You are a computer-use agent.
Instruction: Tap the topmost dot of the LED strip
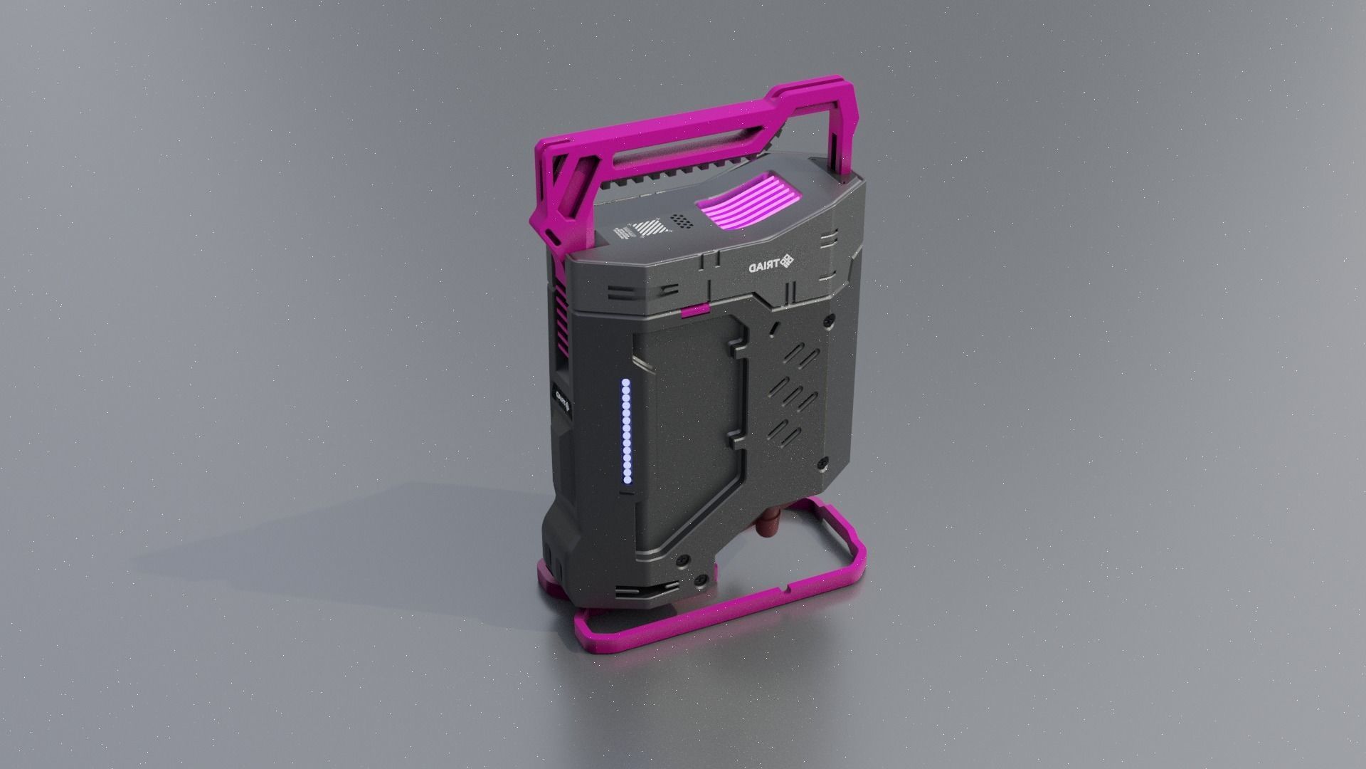pos(626,383)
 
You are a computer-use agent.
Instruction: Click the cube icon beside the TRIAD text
pos(786,262)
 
